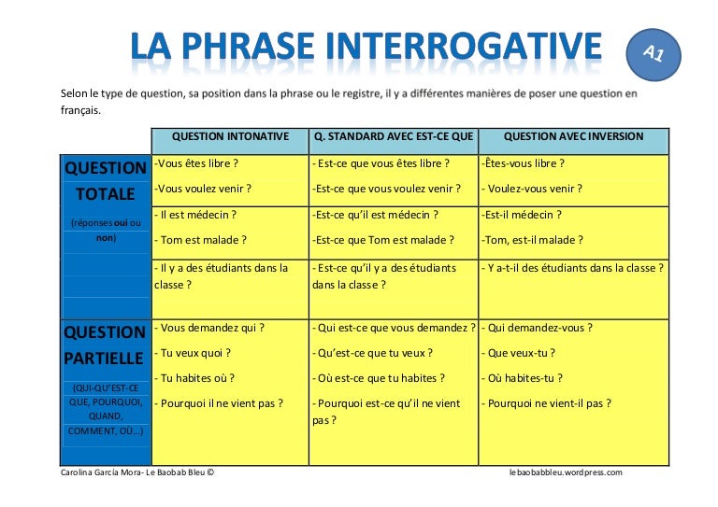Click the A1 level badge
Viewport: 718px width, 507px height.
point(653,54)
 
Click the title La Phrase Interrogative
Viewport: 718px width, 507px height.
point(366,47)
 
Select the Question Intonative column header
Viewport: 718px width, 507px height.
point(230,136)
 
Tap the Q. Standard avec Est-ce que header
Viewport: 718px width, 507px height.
point(394,136)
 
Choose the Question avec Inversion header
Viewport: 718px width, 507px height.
point(573,136)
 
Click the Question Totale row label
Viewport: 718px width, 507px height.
point(105,181)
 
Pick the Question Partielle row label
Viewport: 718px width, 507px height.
point(105,345)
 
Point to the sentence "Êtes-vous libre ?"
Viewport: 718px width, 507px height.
point(524,163)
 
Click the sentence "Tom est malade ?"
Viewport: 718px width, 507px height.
point(201,240)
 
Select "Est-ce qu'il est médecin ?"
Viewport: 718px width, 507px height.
point(375,214)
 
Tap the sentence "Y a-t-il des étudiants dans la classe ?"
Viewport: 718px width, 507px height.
point(573,268)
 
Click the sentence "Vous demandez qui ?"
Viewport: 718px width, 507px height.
point(210,328)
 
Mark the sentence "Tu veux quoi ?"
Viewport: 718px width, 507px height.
point(194,353)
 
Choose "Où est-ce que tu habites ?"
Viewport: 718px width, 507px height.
point(380,378)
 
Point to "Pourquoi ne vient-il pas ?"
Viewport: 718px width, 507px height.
point(547,403)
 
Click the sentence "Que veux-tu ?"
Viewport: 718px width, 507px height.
point(519,353)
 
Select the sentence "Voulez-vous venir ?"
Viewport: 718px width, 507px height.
point(533,189)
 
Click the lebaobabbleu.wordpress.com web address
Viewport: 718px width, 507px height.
point(566,472)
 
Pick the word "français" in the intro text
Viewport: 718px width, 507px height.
point(79,109)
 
